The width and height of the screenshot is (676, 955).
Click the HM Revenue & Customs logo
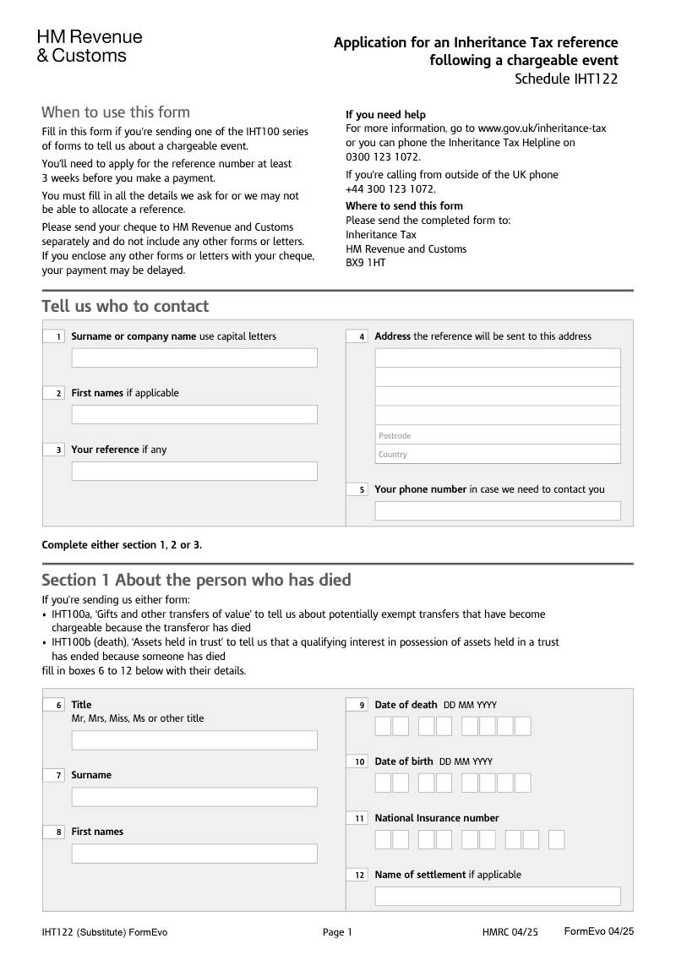[90, 46]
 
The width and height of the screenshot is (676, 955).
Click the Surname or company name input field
[194, 357]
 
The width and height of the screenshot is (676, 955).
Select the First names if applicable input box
[194, 414]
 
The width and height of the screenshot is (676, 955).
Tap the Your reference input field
[194, 471]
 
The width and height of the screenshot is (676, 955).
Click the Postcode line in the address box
[498, 435]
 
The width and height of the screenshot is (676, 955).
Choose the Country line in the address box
[498, 454]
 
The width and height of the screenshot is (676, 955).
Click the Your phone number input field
[498, 510]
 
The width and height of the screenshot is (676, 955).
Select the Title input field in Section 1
[194, 740]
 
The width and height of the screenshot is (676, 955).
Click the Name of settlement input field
[498, 896]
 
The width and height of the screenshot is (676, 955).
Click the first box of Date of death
[383, 726]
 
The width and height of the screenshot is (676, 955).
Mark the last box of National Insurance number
[556, 839]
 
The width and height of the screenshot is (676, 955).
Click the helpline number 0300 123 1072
[382, 156]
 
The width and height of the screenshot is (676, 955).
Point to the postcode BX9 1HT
[366, 263]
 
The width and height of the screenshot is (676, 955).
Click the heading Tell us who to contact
[125, 306]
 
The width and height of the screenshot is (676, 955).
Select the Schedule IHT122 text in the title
[566, 79]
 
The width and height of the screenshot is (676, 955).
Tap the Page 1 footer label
[337, 932]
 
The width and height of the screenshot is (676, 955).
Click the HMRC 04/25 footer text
[510, 932]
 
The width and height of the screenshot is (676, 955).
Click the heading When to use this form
[116, 112]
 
